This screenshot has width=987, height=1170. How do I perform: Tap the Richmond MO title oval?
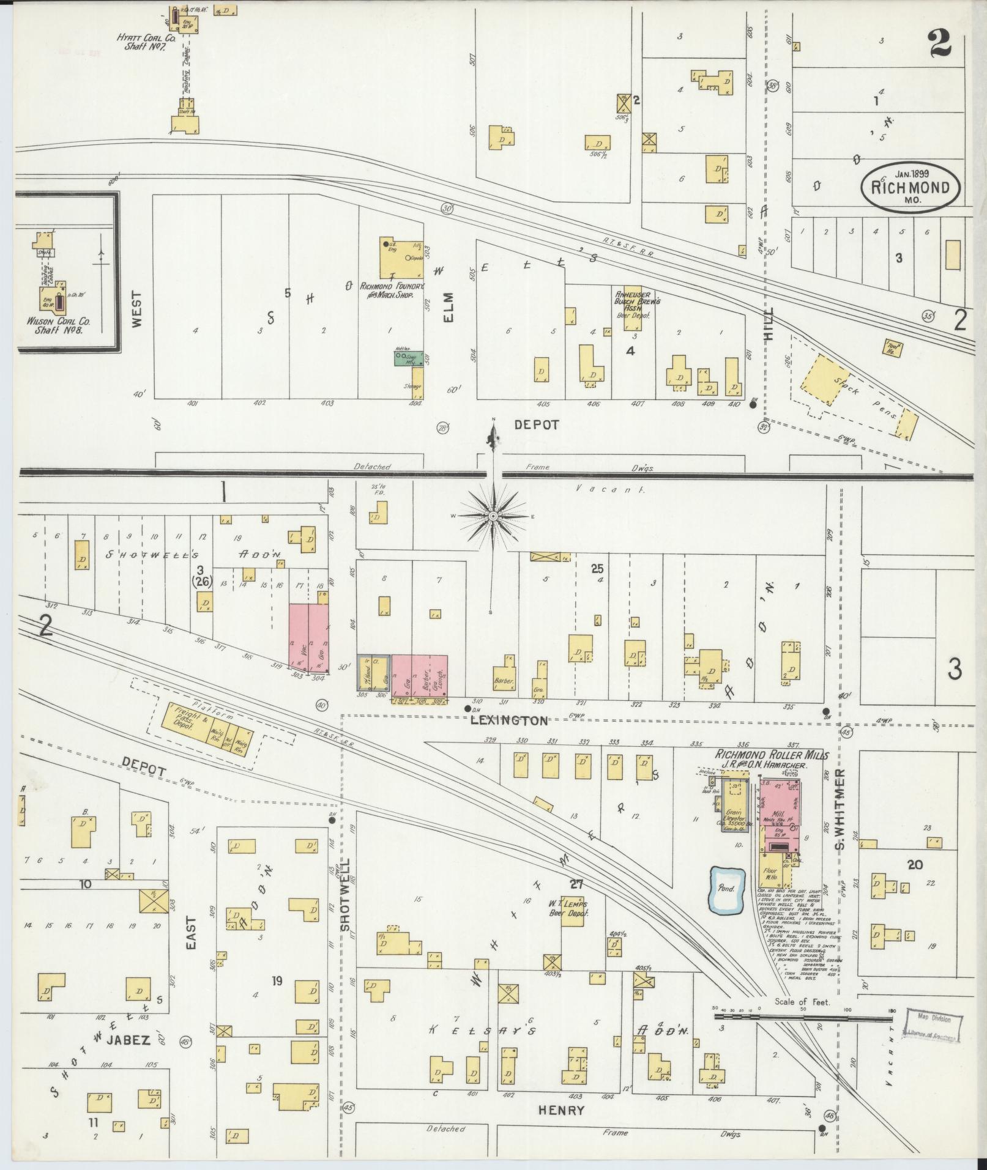pos(910,187)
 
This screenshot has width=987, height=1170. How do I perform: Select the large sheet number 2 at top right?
pos(939,44)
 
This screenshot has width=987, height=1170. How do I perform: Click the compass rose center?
pos(493,517)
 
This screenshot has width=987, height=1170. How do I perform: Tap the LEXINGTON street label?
pos(509,721)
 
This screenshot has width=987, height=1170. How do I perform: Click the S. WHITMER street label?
pos(840,806)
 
